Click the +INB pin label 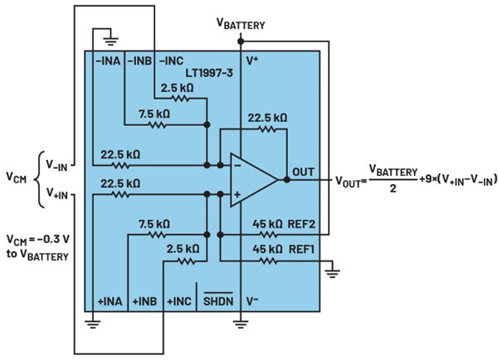[141, 303]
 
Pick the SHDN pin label [217, 303]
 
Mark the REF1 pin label [302, 246]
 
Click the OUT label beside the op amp [302, 173]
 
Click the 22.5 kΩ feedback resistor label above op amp [266, 119]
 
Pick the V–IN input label [59, 163]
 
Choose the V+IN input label [59, 195]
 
